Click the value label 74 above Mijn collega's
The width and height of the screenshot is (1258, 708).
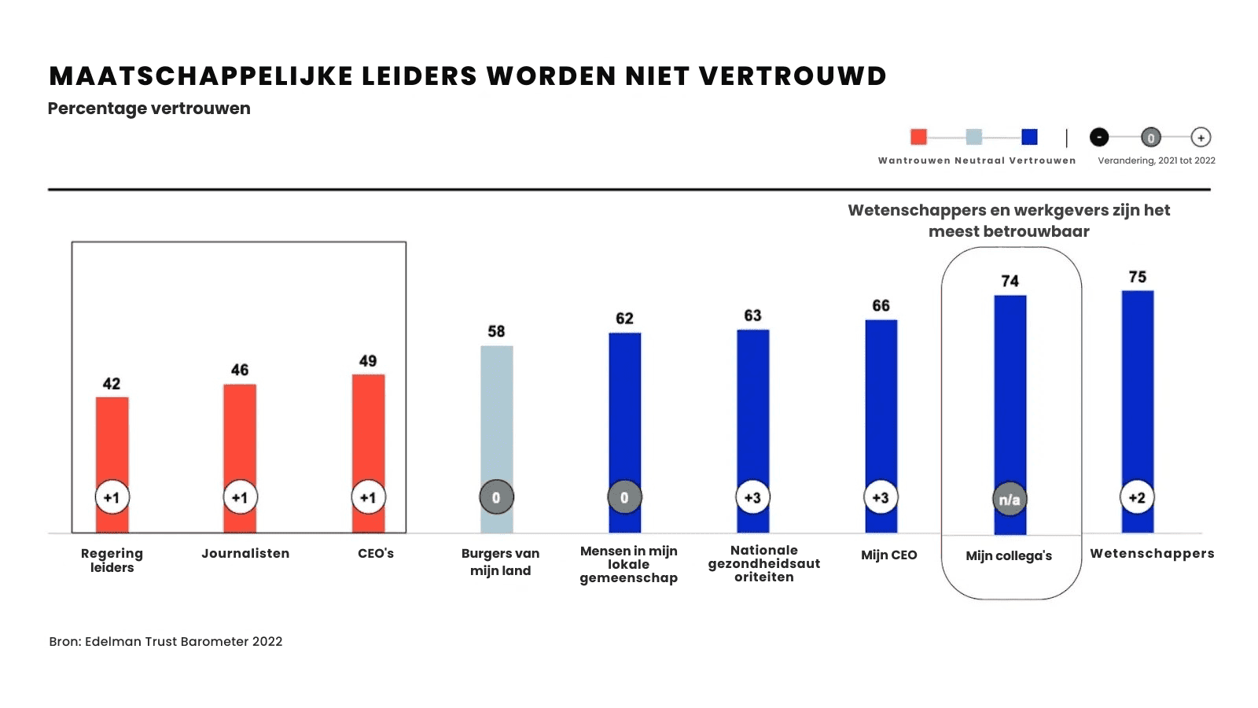coord(1010,281)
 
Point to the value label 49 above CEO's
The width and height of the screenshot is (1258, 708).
coord(368,361)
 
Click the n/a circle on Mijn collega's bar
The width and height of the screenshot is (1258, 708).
coord(1010,500)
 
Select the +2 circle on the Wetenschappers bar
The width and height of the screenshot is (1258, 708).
coord(1137,497)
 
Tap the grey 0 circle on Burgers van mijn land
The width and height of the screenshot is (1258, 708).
coord(496,497)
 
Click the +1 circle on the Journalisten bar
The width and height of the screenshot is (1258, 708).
coord(240,497)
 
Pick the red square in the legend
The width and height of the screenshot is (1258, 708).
coord(918,137)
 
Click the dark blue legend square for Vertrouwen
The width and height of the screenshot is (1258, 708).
coord(1029,137)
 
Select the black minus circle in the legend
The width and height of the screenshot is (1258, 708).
coord(1099,137)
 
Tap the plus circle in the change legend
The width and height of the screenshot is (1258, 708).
coord(1201,137)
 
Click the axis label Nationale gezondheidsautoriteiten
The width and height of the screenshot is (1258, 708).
coord(763,563)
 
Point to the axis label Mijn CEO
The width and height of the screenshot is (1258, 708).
coord(888,555)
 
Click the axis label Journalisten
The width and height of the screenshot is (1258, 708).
coord(245,553)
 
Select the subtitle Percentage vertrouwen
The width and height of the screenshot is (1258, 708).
coord(149,109)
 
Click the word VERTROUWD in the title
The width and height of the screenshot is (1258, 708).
coord(793,76)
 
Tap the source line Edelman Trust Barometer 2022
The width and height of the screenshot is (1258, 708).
coord(183,641)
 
